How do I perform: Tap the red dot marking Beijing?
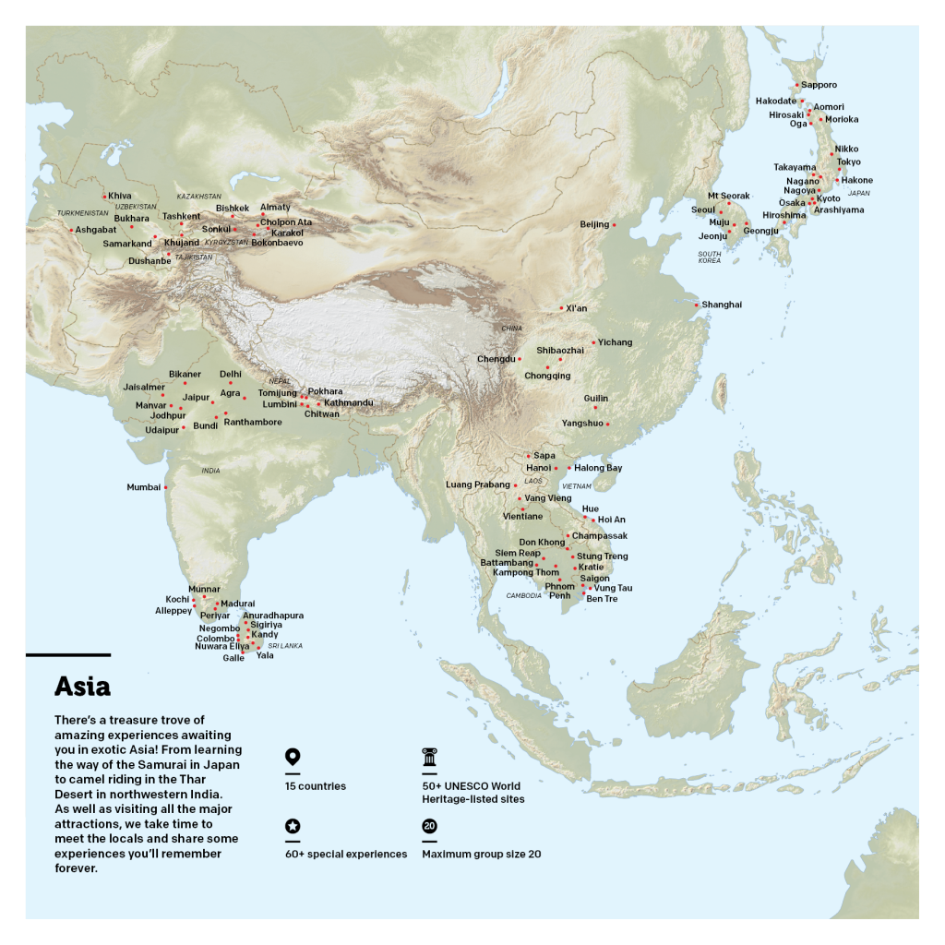(x=614, y=225)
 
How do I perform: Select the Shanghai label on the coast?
(x=722, y=305)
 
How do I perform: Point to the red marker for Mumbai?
(x=166, y=487)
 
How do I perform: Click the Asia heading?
(x=82, y=687)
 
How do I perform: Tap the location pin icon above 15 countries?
(x=293, y=758)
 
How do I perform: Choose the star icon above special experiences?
(x=293, y=826)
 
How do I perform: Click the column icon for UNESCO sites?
(x=429, y=758)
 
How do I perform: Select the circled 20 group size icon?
(x=429, y=826)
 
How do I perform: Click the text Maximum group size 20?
(x=481, y=855)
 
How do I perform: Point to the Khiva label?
(x=120, y=196)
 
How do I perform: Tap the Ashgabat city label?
(x=96, y=230)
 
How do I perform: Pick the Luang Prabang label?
(x=477, y=484)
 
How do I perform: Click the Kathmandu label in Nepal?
(x=349, y=403)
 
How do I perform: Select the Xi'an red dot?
(x=561, y=308)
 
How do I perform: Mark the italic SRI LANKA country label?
(x=285, y=646)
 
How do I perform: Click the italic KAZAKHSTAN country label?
(x=199, y=197)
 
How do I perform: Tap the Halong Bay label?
(x=598, y=468)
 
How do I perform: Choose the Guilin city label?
(x=596, y=399)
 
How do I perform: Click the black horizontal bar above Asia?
(x=68, y=655)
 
